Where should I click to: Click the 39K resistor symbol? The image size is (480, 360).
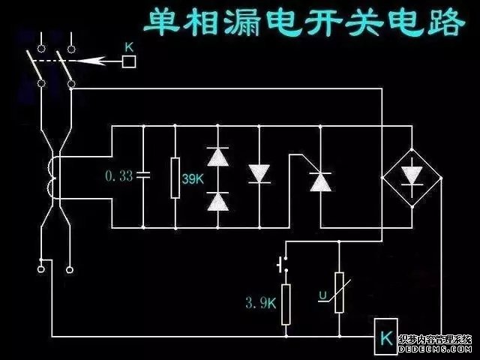175,178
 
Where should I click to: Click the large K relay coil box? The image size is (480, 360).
385,337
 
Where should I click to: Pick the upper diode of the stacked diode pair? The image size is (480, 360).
217,156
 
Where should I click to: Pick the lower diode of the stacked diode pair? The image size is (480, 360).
217,200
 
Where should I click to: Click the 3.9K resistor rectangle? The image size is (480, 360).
286,304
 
